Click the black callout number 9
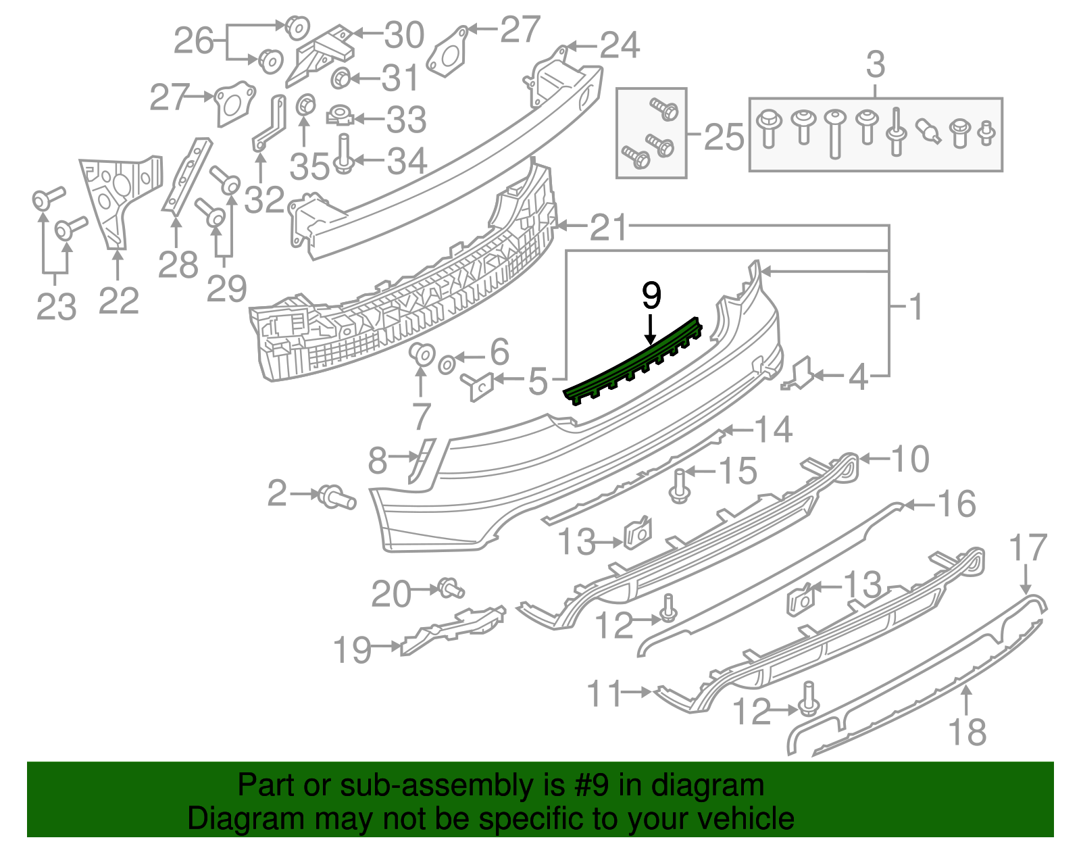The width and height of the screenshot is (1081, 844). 651,295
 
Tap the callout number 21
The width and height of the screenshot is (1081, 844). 609,228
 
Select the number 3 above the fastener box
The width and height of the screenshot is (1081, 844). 875,66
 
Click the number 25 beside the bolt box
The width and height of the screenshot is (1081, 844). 724,137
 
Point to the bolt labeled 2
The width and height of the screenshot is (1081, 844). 336,497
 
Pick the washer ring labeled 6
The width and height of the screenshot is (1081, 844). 447,366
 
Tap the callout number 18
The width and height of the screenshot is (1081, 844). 967,733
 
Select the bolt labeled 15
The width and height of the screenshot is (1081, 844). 680,487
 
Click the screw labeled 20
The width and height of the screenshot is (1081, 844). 450,588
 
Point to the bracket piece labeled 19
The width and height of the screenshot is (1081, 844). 453,630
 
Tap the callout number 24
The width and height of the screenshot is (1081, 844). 620,46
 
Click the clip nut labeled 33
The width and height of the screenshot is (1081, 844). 341,117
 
